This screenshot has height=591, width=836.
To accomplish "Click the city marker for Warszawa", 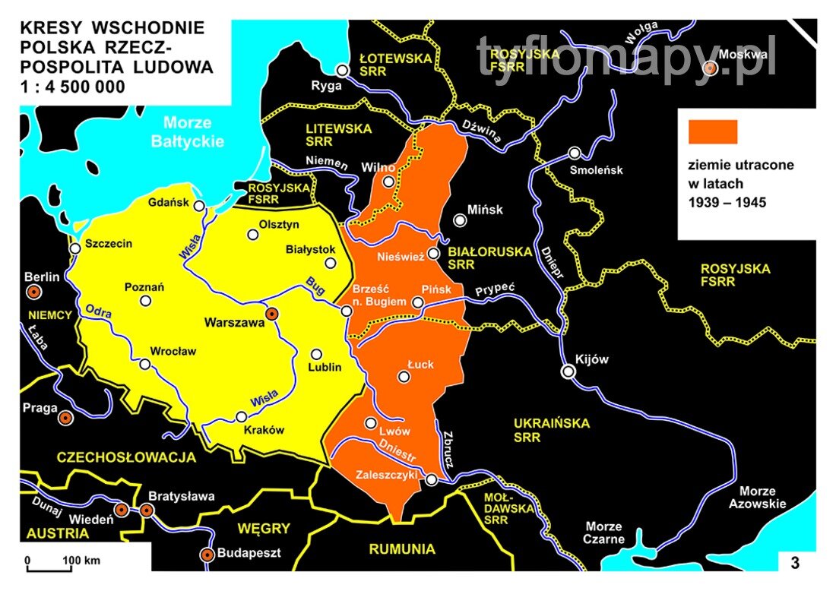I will tap(271, 314).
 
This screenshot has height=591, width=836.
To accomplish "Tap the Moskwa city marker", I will tap(710, 68).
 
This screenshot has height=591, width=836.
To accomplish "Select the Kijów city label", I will tap(592, 359).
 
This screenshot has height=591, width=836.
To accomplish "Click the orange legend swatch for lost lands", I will tap(712, 131).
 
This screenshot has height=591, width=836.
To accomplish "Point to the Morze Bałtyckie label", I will tap(187, 131).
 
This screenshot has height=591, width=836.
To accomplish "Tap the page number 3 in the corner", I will tap(795, 563).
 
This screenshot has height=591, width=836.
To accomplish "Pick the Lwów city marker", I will tap(371, 423).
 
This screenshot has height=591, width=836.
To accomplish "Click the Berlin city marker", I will tap(33, 292).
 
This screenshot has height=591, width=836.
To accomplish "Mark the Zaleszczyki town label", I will tap(387, 475).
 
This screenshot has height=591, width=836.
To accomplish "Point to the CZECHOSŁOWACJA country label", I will tap(126, 457).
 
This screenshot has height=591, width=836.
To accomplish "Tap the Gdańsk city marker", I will tap(199, 205).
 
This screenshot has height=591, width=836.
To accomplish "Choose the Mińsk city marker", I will tap(460, 220).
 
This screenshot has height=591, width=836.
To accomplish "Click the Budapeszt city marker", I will tap(206, 555).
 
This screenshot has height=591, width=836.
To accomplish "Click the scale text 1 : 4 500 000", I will tap(72, 87).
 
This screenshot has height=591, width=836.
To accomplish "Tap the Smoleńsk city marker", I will tap(575, 153).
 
